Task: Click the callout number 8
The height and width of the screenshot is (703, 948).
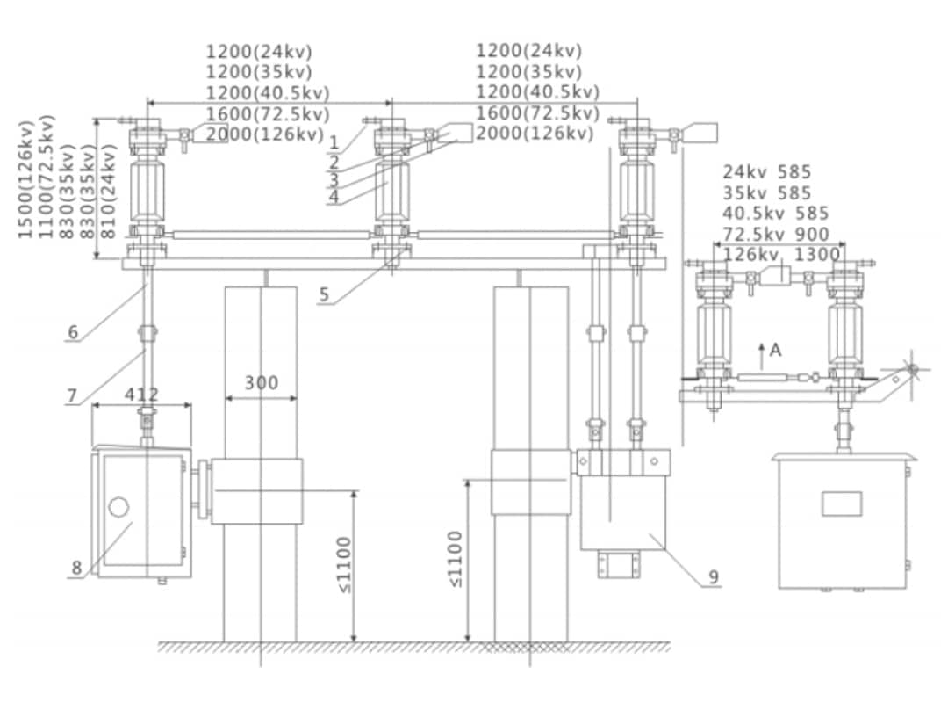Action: (x=76, y=568)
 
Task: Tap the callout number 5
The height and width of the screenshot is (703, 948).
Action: (x=324, y=294)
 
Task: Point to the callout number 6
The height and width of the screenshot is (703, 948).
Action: (x=73, y=332)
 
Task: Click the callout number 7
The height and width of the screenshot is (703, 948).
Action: (x=73, y=395)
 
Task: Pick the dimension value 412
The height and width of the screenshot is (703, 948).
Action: (x=141, y=395)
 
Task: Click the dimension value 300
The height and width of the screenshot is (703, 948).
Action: (x=261, y=383)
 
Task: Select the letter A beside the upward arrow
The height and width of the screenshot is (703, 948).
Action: (x=775, y=350)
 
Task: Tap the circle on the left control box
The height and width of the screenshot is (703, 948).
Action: (x=118, y=507)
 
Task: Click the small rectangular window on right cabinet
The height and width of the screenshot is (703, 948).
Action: (x=842, y=504)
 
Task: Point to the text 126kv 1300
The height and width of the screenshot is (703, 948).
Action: (x=781, y=255)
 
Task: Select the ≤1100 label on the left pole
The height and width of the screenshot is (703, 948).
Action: (x=344, y=564)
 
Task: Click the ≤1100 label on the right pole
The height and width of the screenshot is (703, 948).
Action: (x=455, y=559)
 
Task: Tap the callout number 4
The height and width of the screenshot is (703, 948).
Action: (x=334, y=198)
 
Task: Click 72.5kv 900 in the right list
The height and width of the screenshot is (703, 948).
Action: (x=776, y=235)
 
